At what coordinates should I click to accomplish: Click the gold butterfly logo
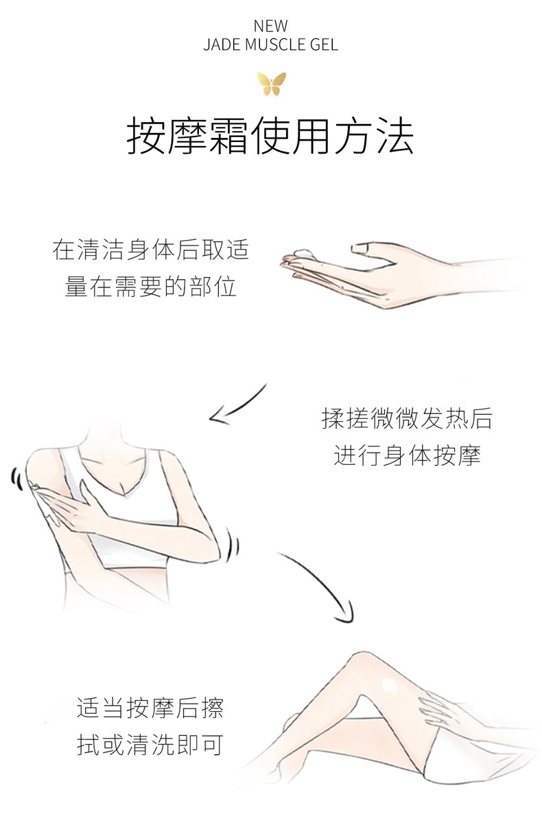point(271,84)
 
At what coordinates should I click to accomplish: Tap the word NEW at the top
point(271,27)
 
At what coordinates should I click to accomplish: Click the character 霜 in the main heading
point(224,136)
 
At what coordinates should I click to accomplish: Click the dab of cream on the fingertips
point(301,252)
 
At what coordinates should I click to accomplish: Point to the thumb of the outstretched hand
point(367,248)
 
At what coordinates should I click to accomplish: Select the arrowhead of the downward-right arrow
point(346,614)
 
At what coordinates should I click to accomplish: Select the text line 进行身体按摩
point(407,455)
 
